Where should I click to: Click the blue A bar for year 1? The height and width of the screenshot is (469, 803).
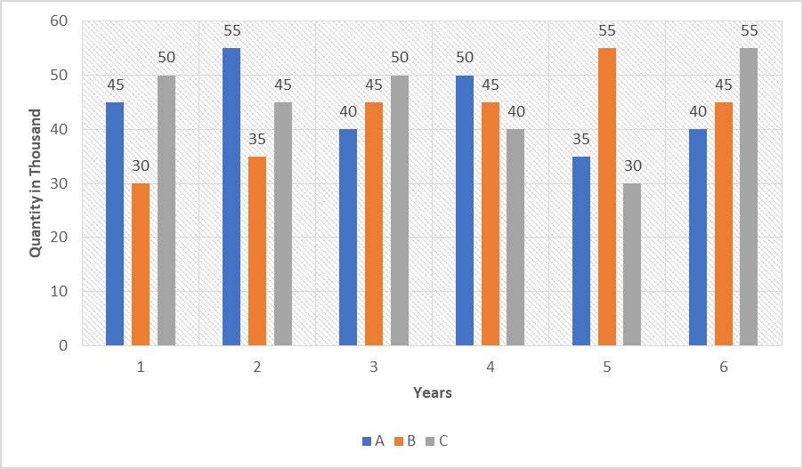115,223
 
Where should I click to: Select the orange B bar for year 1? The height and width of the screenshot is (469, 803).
141,264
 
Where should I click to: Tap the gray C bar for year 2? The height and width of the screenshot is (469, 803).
283,223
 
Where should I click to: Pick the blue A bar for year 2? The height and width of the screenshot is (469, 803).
231,197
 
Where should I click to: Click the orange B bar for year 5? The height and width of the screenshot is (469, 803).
607,197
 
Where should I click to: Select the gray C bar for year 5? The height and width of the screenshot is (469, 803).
632,264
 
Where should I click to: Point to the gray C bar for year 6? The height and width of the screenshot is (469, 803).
749,197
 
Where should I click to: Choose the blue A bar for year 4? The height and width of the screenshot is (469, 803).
465,210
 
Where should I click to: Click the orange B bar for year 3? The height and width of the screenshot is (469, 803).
374,223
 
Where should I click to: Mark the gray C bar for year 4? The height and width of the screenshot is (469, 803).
516,237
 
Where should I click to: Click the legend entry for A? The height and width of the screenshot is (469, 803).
373,441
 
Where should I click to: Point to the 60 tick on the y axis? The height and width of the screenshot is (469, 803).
61,21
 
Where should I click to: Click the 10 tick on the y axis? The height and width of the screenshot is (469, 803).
61,291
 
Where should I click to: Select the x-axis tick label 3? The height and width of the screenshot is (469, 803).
374,368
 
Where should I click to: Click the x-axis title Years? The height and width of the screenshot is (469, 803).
432,392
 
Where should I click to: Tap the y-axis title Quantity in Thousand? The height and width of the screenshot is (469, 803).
36,183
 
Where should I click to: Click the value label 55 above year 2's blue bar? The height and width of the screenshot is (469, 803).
231,30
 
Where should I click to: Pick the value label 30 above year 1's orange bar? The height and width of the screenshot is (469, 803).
141,166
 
